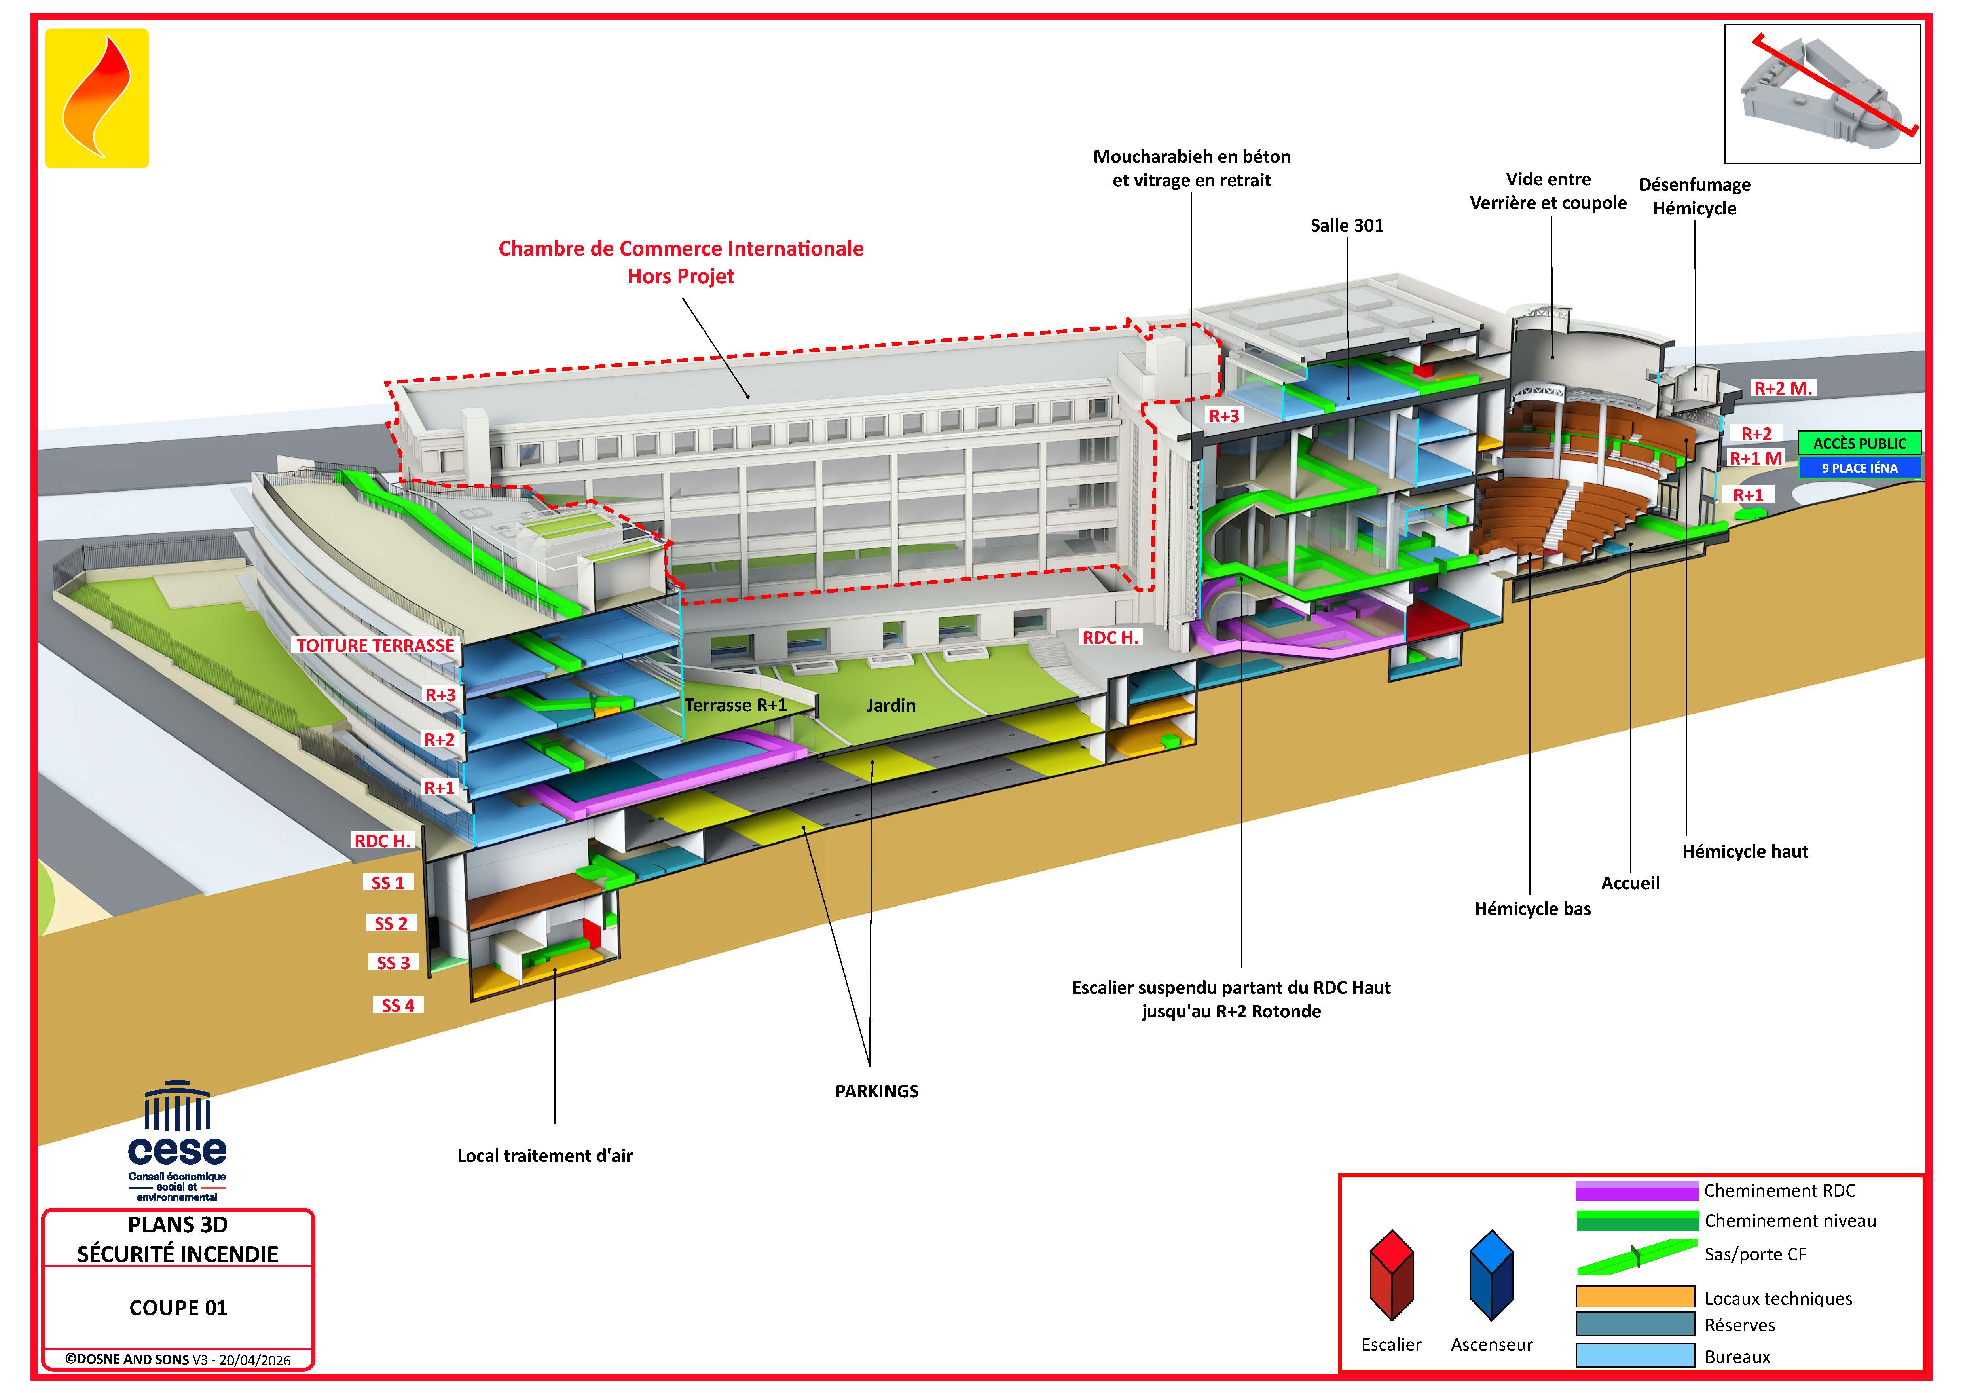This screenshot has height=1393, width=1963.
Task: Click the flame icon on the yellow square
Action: [x=97, y=97]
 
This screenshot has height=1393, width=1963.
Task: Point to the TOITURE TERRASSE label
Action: [x=375, y=645]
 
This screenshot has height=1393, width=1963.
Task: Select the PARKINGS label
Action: [x=876, y=1091]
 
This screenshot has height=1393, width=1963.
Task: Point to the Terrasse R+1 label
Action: [x=736, y=705]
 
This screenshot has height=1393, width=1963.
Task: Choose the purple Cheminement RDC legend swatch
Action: [x=1636, y=1190]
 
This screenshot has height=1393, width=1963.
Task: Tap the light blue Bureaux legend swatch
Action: [x=1635, y=1355]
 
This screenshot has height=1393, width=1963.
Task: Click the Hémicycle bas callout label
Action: [x=1532, y=909]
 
